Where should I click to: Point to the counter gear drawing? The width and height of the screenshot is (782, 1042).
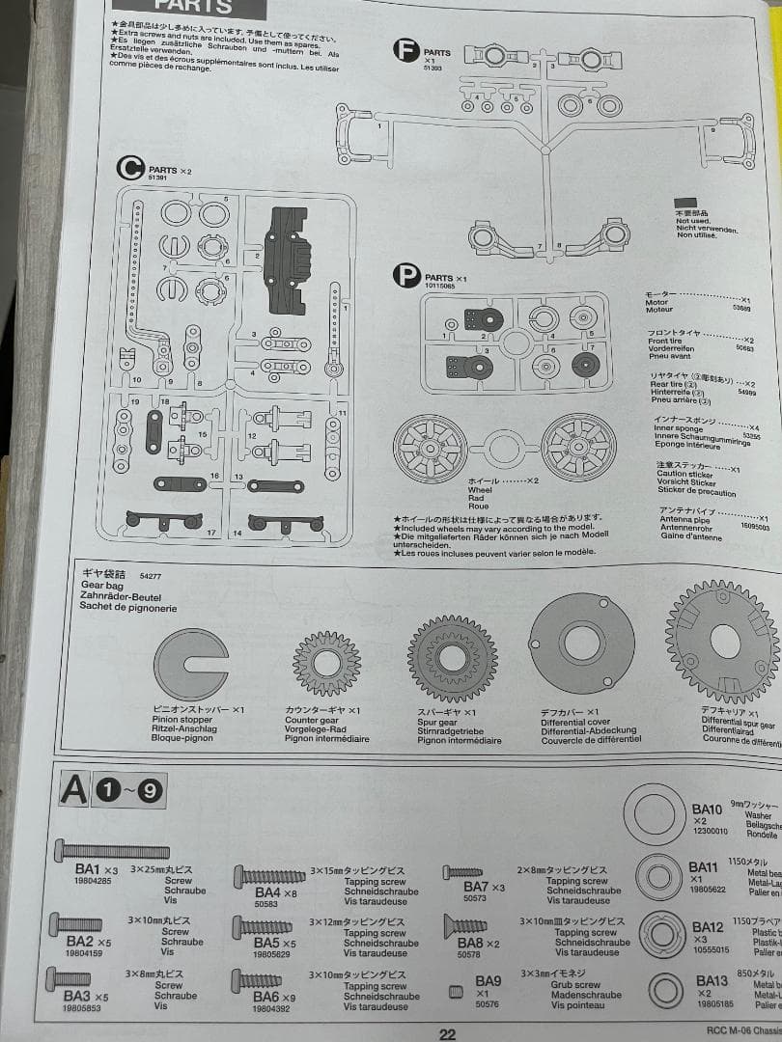tap(326, 663)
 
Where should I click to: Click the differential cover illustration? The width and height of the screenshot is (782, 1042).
tap(582, 644)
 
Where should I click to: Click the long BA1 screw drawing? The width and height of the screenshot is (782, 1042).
tap(114, 850)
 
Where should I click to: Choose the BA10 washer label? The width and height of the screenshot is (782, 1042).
tap(707, 809)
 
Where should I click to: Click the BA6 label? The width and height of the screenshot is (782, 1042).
tap(266, 996)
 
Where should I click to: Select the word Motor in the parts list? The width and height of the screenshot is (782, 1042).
tap(656, 303)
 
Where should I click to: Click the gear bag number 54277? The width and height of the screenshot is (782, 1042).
tap(151, 575)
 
